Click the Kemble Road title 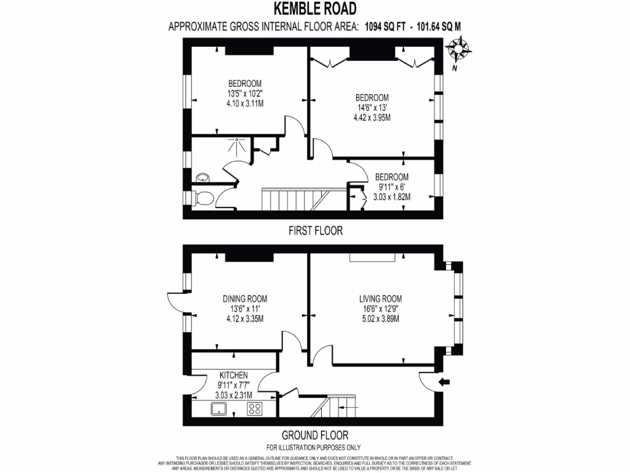point(314,9)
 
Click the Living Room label point(380,299)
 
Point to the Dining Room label point(245,299)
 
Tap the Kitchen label point(234,375)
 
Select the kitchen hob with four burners point(255,409)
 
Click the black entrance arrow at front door point(445,383)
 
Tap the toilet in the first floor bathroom point(204,198)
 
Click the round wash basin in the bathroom point(202,178)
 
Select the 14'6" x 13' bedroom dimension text point(372,108)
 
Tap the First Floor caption point(315,231)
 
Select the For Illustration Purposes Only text point(313,447)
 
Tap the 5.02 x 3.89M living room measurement point(380,318)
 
